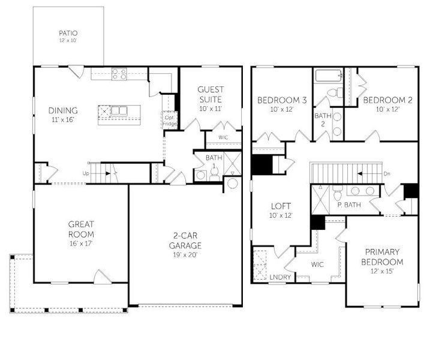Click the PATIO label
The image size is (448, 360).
[x=68, y=33]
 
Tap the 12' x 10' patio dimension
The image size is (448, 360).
[x=68, y=40]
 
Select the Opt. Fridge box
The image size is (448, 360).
[x=170, y=121]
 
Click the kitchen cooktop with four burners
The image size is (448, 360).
[x=119, y=74]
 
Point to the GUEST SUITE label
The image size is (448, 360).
[x=211, y=94]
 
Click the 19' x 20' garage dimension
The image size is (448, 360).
[x=185, y=255]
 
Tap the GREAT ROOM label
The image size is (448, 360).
[x=81, y=229]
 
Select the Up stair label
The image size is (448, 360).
[x=86, y=173]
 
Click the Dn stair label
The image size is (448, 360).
[x=387, y=173]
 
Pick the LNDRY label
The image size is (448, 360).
[x=280, y=277]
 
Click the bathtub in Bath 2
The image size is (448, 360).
[x=328, y=75]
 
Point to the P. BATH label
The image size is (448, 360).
[x=349, y=205]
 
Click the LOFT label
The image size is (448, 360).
[x=281, y=206]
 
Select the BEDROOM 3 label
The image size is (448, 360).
[x=282, y=100]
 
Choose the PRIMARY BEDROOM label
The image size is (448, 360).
[x=382, y=257]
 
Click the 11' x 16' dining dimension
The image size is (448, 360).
[x=63, y=119]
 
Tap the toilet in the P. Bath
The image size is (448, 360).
[x=338, y=193]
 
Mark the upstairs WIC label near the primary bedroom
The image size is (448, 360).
[x=317, y=264]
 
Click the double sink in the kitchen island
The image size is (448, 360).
[x=119, y=110]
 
